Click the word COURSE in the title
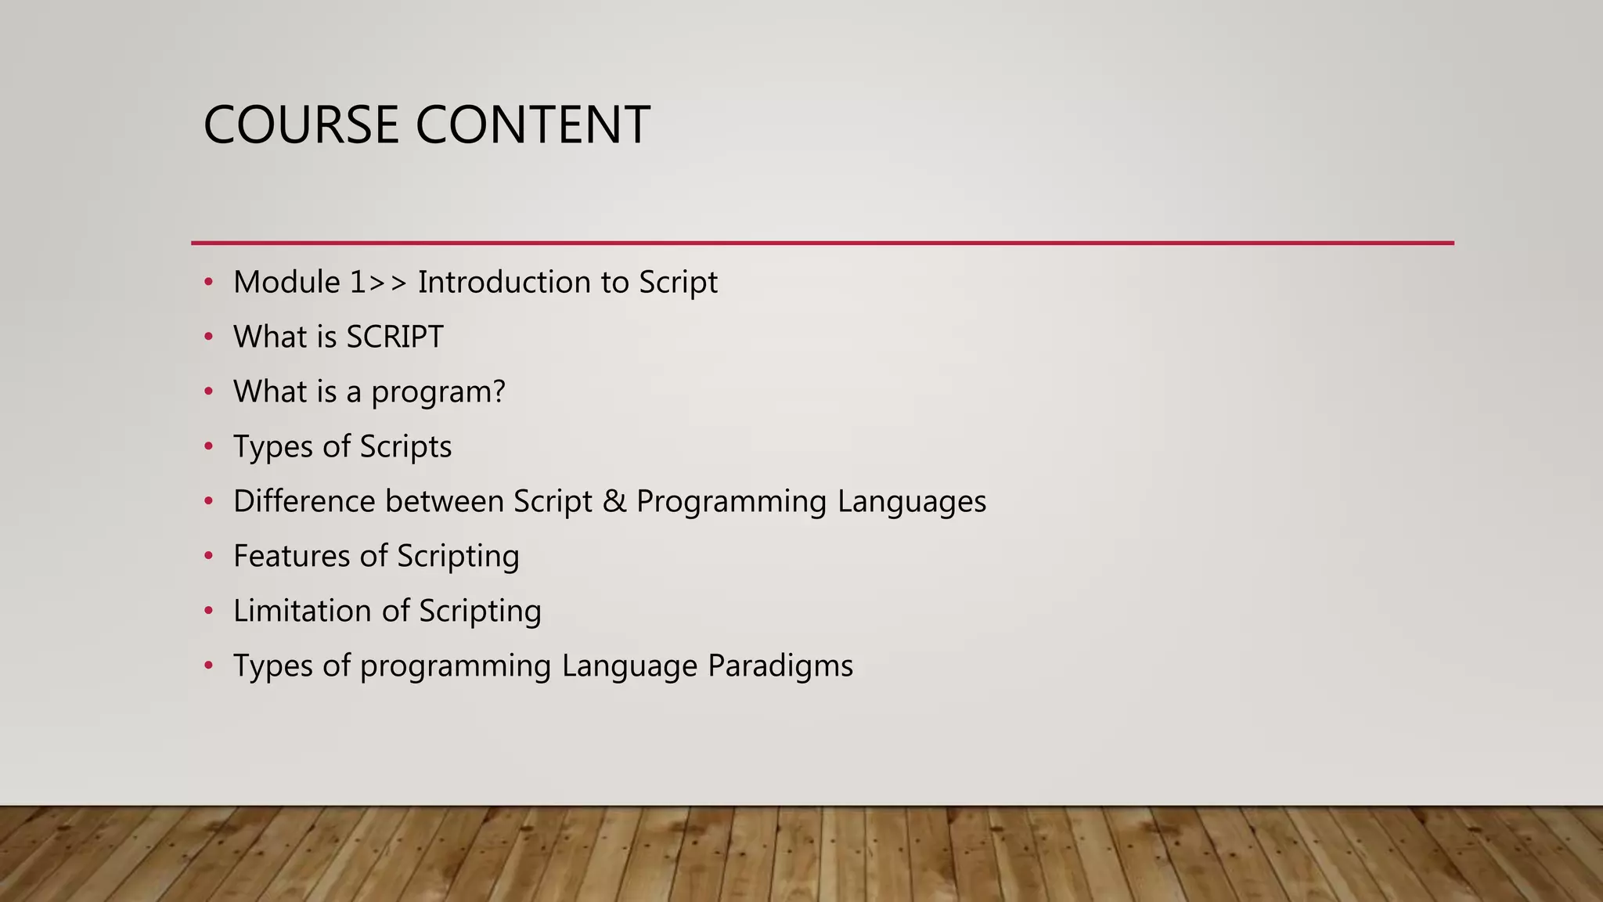click(301, 124)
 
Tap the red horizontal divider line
click(822, 243)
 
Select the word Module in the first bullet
click(286, 283)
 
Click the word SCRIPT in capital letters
click(394, 337)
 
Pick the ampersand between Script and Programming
click(614, 502)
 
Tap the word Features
click(291, 557)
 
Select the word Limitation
click(302, 612)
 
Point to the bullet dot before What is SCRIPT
click(208, 337)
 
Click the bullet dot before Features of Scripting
click(208, 557)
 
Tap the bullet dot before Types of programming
click(208, 666)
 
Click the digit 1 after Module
click(357, 283)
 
